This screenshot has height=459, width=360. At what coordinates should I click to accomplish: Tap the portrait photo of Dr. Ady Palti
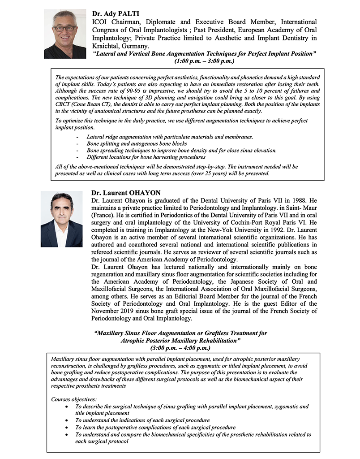click(65, 35)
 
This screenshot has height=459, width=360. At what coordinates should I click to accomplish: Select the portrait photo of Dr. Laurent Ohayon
click(61, 219)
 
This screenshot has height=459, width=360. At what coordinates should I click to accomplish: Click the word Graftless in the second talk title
click(216, 333)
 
